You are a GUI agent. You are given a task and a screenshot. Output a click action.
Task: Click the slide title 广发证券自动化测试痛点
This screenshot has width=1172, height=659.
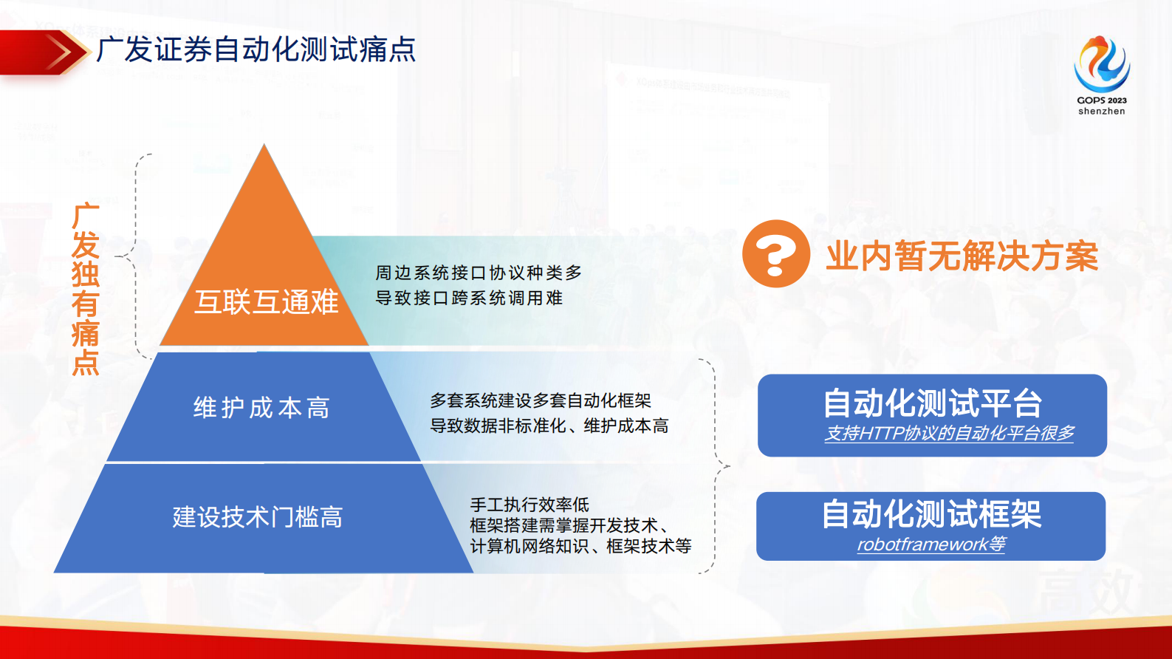coord(256,50)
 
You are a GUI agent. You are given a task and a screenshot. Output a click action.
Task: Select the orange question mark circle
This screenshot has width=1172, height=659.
coord(775,253)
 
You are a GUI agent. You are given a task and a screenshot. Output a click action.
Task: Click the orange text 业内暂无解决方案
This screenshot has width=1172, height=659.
coord(962,256)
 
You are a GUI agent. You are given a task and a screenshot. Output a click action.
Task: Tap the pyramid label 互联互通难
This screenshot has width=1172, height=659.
coord(266,301)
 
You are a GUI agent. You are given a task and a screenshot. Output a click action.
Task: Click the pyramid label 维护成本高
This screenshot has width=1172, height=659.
coord(261,408)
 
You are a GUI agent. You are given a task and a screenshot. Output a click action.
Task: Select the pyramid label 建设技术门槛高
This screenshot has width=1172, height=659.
coord(258,517)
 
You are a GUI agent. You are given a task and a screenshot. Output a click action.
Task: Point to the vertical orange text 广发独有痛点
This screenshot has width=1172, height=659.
coord(86,290)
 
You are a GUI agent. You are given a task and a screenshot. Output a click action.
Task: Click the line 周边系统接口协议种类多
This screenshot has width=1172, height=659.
coord(479,273)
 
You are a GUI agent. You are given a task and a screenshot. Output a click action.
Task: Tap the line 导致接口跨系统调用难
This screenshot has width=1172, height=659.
coord(469,298)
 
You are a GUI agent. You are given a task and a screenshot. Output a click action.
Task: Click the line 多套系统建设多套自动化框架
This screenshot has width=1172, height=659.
coord(541,400)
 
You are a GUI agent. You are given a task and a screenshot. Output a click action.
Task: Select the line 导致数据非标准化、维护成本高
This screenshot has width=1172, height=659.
coord(549,426)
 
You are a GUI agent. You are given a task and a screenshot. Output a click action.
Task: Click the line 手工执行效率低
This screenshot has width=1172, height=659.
coord(530,505)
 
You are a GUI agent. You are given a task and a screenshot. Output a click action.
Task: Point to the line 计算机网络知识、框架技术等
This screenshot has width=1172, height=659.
coord(580,546)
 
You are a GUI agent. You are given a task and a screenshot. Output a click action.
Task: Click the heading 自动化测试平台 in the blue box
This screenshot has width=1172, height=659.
coord(932,403)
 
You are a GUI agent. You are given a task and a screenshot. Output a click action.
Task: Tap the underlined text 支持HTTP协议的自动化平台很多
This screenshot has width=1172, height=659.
coord(949,433)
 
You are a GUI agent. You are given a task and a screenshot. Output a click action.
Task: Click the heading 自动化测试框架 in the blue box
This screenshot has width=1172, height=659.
coord(931,514)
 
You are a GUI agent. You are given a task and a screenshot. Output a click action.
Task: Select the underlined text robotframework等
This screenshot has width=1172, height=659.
coord(931,544)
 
